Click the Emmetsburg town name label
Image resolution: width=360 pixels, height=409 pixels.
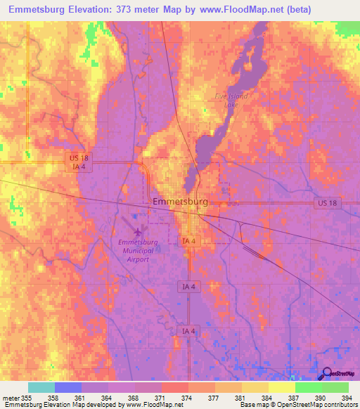pyautogui.click(x=180, y=202)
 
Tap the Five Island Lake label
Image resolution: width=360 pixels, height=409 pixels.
pyautogui.click(x=231, y=100)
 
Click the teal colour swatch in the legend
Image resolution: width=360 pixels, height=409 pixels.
pyautogui.click(x=41, y=387)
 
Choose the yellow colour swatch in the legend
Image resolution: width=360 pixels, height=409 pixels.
pyautogui.click(x=282, y=387)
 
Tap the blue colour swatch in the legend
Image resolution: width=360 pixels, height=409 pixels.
pyautogui.click(x=68, y=387)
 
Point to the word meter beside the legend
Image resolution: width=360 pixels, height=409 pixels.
pyautogui.click(x=10, y=397)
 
